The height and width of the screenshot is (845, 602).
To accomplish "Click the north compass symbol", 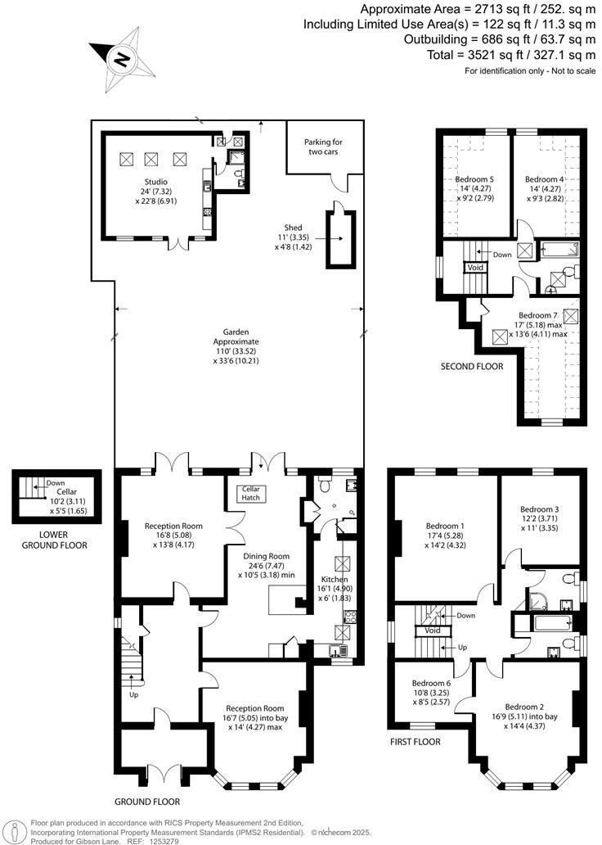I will pyautogui.click(x=123, y=58).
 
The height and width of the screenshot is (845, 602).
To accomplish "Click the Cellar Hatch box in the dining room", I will pyautogui.click(x=248, y=494).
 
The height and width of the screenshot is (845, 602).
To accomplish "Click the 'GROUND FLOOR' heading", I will pyautogui.click(x=148, y=802).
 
